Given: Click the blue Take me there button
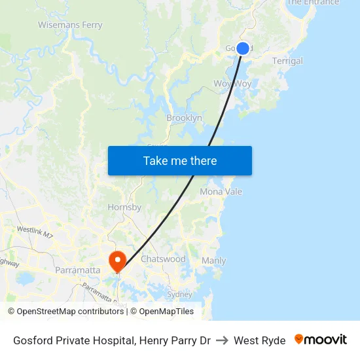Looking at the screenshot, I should click(179, 160).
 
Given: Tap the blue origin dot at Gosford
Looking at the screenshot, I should click(243, 48).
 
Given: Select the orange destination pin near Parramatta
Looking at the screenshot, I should click(118, 262).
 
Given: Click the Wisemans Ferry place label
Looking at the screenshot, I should click(70, 26).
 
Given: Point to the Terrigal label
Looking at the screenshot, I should click(287, 61).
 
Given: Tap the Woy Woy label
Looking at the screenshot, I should click(232, 84).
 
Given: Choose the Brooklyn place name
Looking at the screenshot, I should click(184, 118).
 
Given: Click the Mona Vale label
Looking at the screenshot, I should click(221, 192).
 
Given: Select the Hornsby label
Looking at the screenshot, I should click(124, 207).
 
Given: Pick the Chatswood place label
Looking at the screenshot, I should click(163, 259).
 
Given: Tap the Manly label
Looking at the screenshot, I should click(213, 261).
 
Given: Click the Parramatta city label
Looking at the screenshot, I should click(78, 270).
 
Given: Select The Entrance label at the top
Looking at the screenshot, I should click(313, 3).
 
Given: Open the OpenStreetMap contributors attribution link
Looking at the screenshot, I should click(65, 312).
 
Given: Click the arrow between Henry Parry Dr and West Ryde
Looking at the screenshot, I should click(222, 340).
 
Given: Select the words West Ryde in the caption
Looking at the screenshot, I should click(259, 340).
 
